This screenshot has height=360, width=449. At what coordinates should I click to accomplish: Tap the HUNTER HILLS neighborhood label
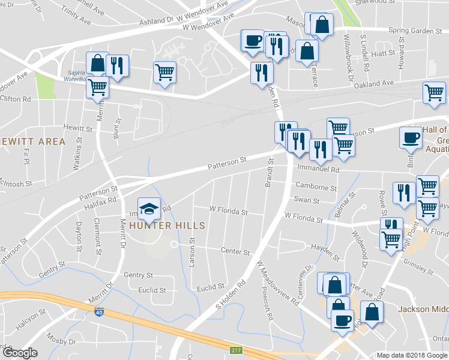[x=164, y=226]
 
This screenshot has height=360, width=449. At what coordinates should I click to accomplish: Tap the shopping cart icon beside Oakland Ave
[x=434, y=94]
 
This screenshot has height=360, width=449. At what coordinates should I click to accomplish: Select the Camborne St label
[x=315, y=188]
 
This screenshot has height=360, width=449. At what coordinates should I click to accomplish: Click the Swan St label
[x=306, y=200]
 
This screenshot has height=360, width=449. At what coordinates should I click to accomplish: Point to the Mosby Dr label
[x=64, y=341]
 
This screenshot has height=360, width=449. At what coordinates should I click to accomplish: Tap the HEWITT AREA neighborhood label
[x=32, y=142]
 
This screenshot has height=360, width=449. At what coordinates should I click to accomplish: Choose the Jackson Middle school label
[x=423, y=310]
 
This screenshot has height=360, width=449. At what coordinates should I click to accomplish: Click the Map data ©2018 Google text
[x=411, y=355]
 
